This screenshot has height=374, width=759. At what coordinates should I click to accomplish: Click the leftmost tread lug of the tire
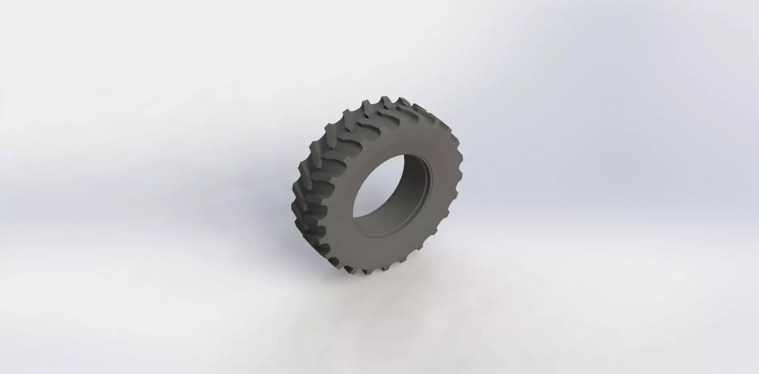click(296, 190)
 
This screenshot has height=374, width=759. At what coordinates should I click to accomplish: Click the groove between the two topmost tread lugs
click(391, 101)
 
